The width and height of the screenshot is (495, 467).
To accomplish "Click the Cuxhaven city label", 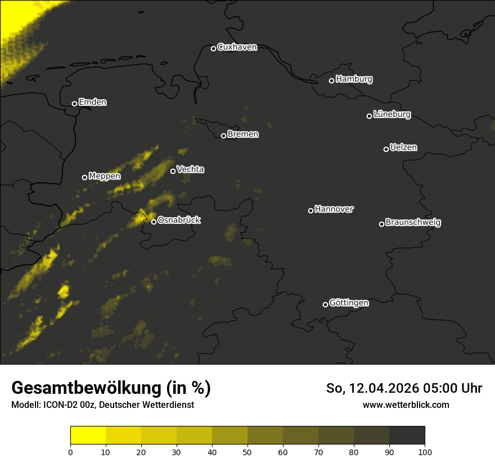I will (x=237, y=47).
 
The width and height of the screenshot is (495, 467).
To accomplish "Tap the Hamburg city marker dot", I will (x=331, y=80).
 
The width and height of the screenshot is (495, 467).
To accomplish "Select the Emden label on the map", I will (x=92, y=102).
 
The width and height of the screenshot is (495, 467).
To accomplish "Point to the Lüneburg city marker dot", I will (x=369, y=116).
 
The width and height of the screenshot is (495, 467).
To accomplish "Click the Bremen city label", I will (x=243, y=134).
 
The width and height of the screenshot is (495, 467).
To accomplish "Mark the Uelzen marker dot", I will (x=386, y=149).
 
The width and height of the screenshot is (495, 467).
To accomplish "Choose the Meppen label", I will (x=105, y=176).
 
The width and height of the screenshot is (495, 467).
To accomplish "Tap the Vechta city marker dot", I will (x=173, y=171).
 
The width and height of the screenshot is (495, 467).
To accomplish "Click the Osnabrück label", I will (x=179, y=220).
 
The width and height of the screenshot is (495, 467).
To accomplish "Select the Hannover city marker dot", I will (x=310, y=210).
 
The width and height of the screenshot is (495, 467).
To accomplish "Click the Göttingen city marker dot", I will (x=325, y=304).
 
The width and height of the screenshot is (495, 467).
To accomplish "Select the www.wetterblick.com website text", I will (x=406, y=405).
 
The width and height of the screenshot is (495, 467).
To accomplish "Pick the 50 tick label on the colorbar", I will (x=247, y=451).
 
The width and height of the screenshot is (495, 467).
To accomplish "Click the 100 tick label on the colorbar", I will (x=425, y=451).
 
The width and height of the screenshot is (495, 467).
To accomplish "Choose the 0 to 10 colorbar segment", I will (x=88, y=435).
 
